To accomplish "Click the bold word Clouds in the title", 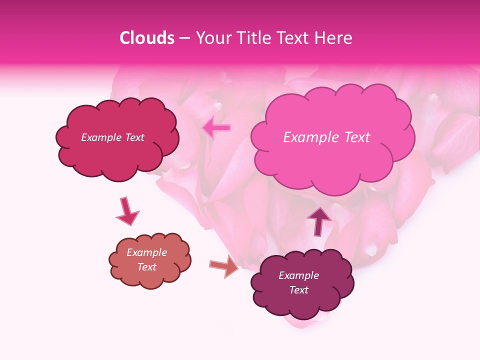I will click(147, 38).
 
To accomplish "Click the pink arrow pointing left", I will click(216, 128).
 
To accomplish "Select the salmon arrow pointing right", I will click(224, 266).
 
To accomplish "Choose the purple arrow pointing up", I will click(319, 221).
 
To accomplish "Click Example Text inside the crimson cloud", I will click(112, 137).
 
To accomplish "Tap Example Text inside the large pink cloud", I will click(326, 137).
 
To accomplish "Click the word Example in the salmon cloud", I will click(146, 252).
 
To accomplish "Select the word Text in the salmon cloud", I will click(146, 267).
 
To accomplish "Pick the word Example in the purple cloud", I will click(298, 275).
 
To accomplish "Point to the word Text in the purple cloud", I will click(298, 290).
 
